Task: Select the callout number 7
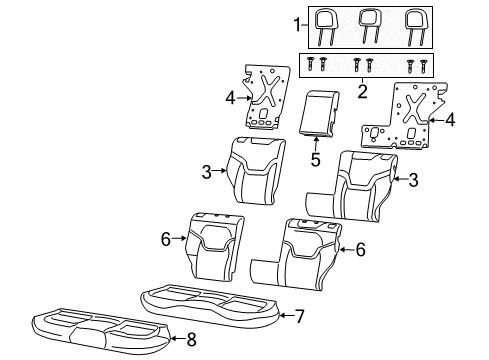[x=298, y=316]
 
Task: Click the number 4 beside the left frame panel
[x=230, y=99]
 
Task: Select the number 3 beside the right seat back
[x=412, y=181]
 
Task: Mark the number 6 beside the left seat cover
[x=165, y=238]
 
